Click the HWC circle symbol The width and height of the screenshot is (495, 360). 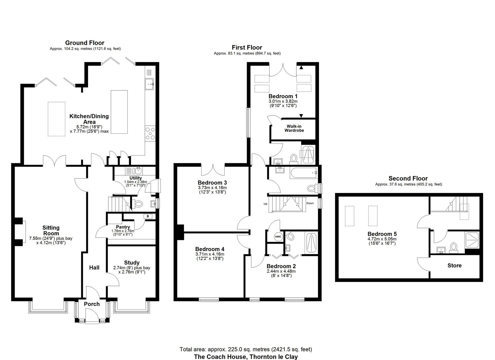tap(278, 237)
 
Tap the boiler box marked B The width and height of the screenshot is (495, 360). tap(148, 216)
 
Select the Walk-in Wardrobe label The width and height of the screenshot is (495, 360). tap(294, 128)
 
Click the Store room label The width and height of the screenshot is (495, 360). tap(455, 265)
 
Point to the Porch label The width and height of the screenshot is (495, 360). tap(92, 304)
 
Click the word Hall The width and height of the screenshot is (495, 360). tap(94, 268)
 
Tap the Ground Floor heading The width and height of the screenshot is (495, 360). tap(85, 43)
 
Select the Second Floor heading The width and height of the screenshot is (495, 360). tap(408, 178)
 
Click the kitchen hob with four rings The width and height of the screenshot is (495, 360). tap(150, 133)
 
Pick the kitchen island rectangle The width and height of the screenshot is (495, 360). tap(119, 112)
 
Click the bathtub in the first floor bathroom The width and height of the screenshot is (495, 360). tap(304, 173)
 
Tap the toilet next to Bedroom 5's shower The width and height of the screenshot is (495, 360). tap(454, 248)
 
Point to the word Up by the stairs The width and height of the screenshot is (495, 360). tap(265, 204)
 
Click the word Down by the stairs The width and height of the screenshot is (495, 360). tap(310, 203)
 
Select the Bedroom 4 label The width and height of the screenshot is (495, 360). tap(210, 249)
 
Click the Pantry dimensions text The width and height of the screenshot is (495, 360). tap(123, 233)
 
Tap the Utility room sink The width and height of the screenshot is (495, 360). tap(138, 171)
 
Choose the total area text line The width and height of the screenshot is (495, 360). tap(246, 349)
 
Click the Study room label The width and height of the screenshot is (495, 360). tap(132, 263)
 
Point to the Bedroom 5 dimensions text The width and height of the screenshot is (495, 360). tap(382, 241)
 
